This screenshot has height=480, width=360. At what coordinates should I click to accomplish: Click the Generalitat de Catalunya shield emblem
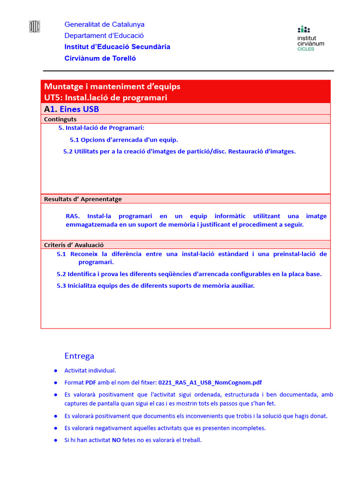point(35,27)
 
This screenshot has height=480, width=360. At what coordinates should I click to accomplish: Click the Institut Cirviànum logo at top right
point(310,38)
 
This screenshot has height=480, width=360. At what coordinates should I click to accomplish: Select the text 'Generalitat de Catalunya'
point(104,24)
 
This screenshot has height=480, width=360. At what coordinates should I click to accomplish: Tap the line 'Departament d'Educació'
point(104,36)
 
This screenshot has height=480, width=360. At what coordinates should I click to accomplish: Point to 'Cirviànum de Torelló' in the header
point(100,59)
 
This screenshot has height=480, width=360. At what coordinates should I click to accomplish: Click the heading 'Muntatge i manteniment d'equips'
point(112,86)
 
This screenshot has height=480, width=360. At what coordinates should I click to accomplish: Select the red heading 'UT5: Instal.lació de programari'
point(105,97)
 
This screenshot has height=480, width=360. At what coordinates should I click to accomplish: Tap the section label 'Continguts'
point(60,120)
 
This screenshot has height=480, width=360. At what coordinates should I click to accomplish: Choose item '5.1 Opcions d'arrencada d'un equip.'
point(124,140)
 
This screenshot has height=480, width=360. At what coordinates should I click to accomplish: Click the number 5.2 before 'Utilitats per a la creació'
point(68,151)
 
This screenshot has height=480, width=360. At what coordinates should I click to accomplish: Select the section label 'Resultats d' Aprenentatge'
point(82,199)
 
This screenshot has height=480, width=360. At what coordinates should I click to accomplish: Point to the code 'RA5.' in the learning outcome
point(73,216)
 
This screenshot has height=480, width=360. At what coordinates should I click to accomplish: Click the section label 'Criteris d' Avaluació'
point(74,245)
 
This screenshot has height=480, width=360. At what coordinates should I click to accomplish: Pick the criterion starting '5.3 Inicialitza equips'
point(156,285)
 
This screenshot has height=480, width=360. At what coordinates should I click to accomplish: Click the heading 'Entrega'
point(79,356)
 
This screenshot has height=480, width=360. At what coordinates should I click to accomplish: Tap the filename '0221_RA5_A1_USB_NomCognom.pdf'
point(210,382)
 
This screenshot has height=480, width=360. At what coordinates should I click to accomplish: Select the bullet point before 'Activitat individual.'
point(55,371)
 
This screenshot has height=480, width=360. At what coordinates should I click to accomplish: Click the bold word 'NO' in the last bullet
point(116,440)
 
